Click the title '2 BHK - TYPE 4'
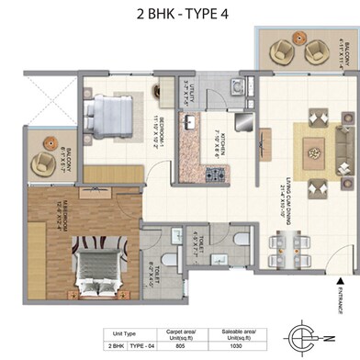(x=180, y=15)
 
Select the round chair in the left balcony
(x=42, y=163)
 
